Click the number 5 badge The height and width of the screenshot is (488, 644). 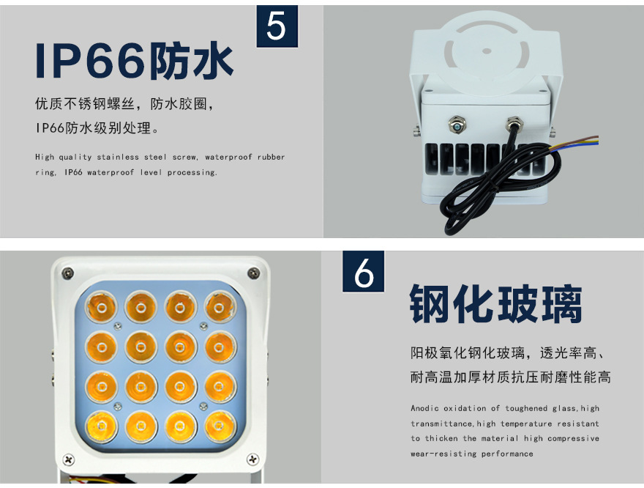coord(277,26)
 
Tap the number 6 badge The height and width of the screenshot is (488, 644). coord(364,271)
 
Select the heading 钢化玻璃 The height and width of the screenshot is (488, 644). coord(495,304)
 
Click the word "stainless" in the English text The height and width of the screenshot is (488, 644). coord(118,157)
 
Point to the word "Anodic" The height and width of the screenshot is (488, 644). coord(424,408)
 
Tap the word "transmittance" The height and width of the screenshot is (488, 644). coord(442,424)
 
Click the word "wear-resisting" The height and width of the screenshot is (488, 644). coord(443,454)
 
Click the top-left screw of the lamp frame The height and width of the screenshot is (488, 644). coord(67,273)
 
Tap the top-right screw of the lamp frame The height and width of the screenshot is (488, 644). coord(254,272)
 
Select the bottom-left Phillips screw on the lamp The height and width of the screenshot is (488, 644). coord(69,459)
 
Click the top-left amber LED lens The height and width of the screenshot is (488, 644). coord(101,307)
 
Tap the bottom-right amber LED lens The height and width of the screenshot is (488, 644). coord(220,426)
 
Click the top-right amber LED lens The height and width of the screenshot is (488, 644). coord(220,306)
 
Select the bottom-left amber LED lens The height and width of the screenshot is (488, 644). coord(102,426)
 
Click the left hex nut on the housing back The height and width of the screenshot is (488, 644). coord(457,124)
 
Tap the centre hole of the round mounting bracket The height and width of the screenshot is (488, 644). coord(487,51)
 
